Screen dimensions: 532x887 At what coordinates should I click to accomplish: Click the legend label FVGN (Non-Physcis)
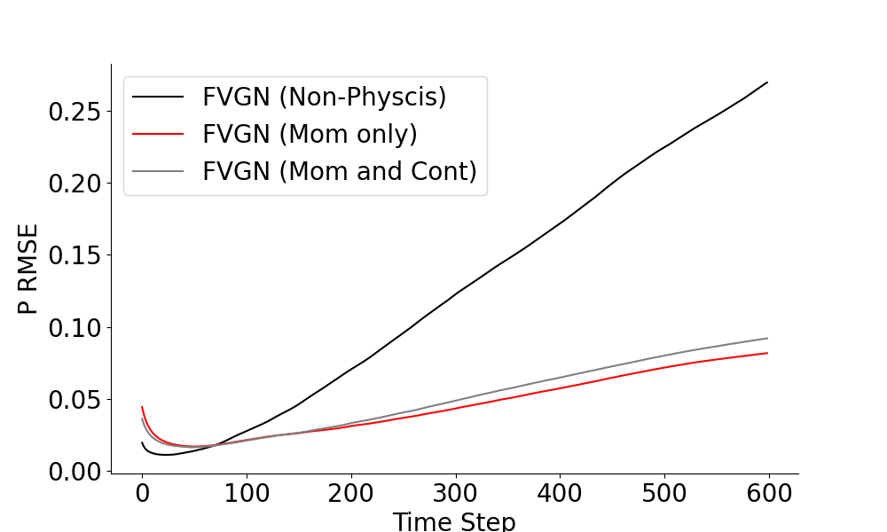click(324, 97)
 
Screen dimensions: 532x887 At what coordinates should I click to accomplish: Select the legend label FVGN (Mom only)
click(310, 134)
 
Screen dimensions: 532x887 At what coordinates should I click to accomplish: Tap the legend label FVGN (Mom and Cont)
click(340, 170)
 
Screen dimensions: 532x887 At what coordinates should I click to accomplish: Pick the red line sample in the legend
click(159, 133)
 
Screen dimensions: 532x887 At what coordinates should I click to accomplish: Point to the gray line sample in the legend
click(159, 170)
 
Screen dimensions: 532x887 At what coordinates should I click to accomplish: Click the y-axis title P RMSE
click(28, 270)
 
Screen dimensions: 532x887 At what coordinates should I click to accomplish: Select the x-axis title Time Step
click(453, 521)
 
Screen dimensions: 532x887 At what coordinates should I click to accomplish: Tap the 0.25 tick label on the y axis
click(74, 112)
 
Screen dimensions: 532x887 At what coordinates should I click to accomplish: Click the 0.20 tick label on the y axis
click(74, 184)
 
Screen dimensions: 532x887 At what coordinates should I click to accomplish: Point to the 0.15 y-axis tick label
click(74, 255)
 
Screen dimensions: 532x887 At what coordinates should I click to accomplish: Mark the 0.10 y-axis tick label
click(74, 327)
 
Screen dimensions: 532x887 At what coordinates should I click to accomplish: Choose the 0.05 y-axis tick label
click(74, 399)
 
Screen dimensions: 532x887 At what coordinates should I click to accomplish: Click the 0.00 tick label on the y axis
click(74, 471)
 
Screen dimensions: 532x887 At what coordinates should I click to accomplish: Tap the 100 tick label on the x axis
click(247, 494)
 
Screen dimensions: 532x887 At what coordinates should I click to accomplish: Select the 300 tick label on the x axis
click(455, 494)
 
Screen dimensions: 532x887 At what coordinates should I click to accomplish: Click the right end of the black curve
click(767, 82)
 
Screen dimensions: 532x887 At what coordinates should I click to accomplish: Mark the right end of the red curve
click(767, 353)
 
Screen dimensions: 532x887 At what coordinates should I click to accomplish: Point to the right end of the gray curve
click(767, 338)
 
